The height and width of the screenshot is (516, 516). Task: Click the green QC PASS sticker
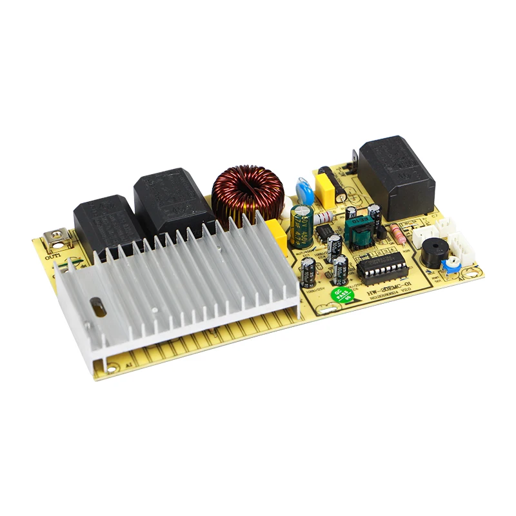[342, 295]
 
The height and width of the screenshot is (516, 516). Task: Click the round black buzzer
[433, 255]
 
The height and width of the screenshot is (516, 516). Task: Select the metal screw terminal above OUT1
[56, 240]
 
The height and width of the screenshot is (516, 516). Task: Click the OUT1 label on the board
[54, 257]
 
